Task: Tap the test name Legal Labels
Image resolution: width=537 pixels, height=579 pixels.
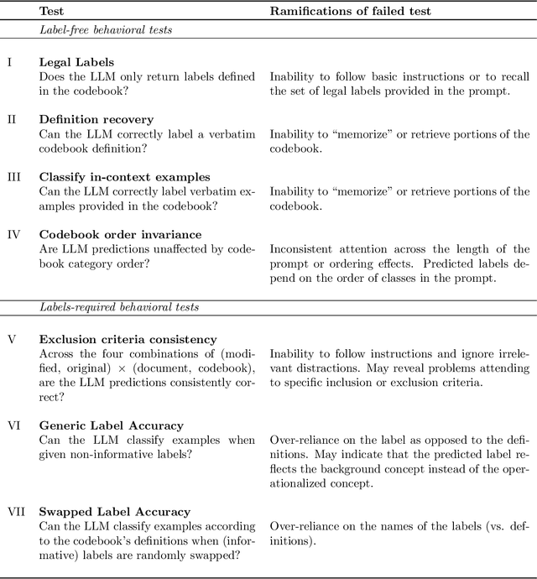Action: click(76, 62)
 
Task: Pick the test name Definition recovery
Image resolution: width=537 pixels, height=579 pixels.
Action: click(96, 119)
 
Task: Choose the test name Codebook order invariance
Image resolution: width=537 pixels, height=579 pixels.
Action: click(120, 235)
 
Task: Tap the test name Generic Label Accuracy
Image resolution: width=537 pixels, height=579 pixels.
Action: click(111, 425)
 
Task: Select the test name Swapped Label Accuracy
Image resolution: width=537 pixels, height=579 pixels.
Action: click(114, 512)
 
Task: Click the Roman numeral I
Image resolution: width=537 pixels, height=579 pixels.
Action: click(8, 62)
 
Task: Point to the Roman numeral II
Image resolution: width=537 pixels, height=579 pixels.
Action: click(11, 119)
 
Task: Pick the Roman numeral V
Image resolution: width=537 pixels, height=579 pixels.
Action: click(11, 339)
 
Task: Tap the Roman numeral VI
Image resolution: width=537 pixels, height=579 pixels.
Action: click(13, 425)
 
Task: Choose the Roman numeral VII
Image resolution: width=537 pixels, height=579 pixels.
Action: click(16, 512)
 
